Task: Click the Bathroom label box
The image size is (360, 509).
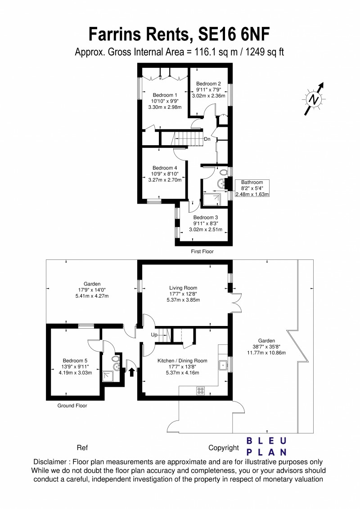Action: click(x=252, y=188)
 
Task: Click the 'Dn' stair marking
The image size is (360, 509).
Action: click(x=207, y=139)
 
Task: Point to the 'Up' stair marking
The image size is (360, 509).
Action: click(x=153, y=335)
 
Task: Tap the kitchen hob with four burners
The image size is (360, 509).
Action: click(x=201, y=390)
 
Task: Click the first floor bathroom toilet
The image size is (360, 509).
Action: click(x=224, y=172)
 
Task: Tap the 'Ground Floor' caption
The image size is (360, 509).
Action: click(x=72, y=405)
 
